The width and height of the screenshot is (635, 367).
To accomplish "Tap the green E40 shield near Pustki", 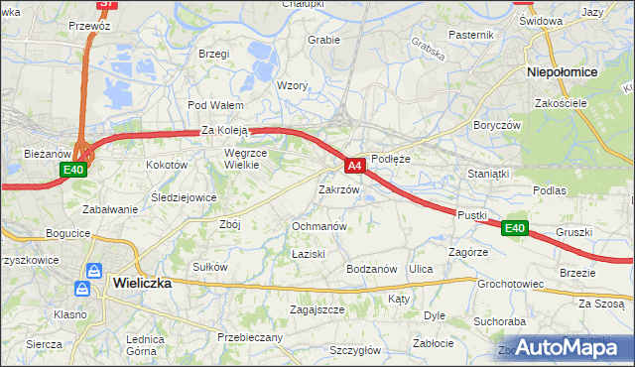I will click(x=514, y=228).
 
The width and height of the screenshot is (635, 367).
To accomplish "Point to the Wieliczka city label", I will click(x=142, y=283).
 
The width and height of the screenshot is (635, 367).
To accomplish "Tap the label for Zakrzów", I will click(x=337, y=188).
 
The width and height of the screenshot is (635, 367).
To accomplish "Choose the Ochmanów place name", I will click(x=318, y=226).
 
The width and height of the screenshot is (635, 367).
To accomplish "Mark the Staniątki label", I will click(x=488, y=174).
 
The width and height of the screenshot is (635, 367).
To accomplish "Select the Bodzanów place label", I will click(x=371, y=269).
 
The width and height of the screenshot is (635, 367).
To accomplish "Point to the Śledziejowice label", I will click(x=184, y=197).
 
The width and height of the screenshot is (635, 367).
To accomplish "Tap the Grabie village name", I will click(x=323, y=41).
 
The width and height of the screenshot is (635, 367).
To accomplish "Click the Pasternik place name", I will click(x=470, y=35).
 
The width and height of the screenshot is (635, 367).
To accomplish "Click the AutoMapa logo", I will click(x=562, y=348).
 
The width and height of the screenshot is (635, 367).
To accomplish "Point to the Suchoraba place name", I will click(x=499, y=322).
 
